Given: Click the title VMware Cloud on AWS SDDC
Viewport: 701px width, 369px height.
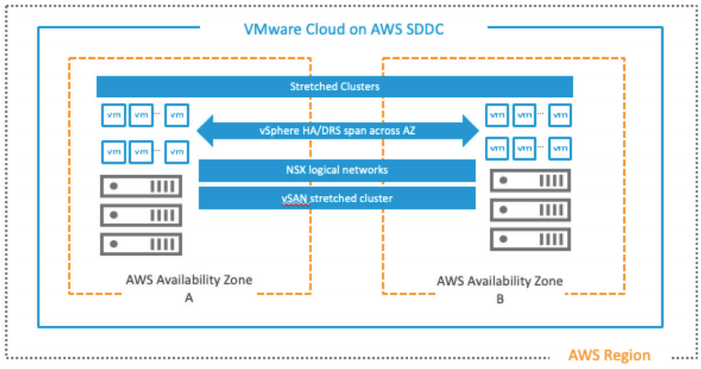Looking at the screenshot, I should pos(343,31).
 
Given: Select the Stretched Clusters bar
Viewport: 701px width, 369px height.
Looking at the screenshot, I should pos(334,86).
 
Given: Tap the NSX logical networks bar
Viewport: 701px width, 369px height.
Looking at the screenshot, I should pos(337,170).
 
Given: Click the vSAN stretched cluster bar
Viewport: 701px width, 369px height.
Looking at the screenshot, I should pos(337,198).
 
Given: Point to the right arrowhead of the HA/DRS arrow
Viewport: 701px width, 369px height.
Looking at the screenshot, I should pos(468,129).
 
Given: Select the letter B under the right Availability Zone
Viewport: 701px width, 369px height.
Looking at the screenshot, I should pos(499,298).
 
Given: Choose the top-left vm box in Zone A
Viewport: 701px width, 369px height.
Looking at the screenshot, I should pos(112,115).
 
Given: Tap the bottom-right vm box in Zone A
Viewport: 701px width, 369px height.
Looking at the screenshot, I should pos(176,151).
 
